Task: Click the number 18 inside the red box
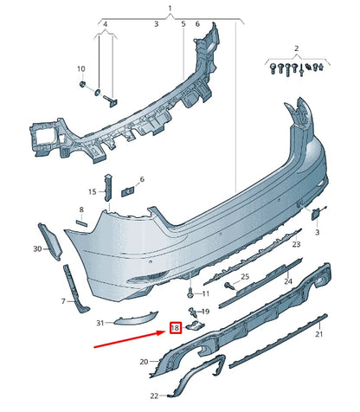(175, 328)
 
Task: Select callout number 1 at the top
(170, 8)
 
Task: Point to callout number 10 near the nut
(81, 68)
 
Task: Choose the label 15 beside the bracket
(92, 191)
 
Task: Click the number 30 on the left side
(37, 248)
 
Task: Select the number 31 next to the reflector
(100, 323)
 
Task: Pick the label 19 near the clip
(204, 311)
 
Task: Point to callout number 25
(245, 276)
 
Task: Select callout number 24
(288, 281)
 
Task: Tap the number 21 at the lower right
(318, 333)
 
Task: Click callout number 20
(143, 361)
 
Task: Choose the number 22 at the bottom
(143, 396)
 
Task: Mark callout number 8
(81, 210)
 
